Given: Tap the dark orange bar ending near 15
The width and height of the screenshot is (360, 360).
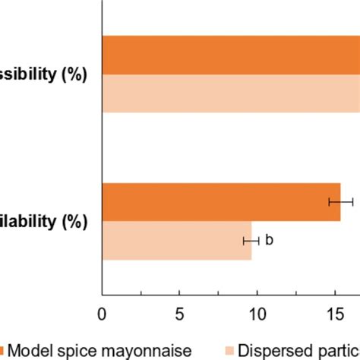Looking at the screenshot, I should coord(221,202).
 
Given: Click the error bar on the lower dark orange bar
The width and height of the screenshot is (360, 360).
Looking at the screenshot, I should coord(340,202).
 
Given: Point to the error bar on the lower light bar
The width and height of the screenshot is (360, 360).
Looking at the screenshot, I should coord(251,241).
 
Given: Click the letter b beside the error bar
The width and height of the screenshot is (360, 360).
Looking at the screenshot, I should coord(268,241).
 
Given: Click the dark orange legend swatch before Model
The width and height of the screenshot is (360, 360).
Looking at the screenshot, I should coord(4,350).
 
